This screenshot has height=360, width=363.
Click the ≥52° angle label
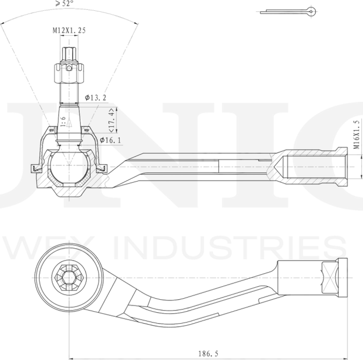coord(65,3)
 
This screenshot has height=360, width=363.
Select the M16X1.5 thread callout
coord(356,134)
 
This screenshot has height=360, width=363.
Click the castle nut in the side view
coord(68,73)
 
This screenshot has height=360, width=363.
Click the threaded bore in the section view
coord(309,165)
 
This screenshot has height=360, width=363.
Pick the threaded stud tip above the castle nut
coord(68,56)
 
